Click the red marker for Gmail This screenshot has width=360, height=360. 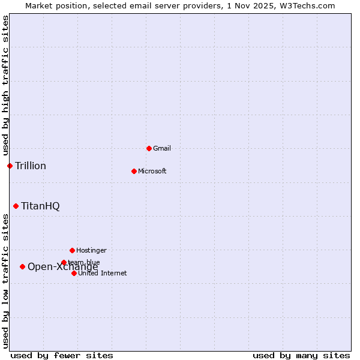(149, 148)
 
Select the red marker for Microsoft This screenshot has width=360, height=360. (134, 171)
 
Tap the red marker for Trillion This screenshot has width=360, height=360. (10, 166)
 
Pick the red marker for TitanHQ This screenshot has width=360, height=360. (16, 206)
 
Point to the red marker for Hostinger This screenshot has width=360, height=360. (72, 250)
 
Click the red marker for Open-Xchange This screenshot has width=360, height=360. (22, 266)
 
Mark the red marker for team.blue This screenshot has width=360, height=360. (64, 262)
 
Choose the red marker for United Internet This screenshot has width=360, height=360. (74, 273)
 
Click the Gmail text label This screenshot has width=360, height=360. (162, 148)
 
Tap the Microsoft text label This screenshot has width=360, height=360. (152, 171)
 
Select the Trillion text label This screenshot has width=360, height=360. (31, 166)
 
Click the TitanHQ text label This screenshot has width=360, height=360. (40, 206)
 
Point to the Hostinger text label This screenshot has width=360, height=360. (91, 250)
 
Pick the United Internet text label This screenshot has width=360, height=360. (102, 273)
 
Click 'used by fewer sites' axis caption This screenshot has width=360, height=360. (62, 355)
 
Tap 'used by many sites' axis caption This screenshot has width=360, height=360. (301, 355)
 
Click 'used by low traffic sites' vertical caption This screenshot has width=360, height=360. (5, 281)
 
